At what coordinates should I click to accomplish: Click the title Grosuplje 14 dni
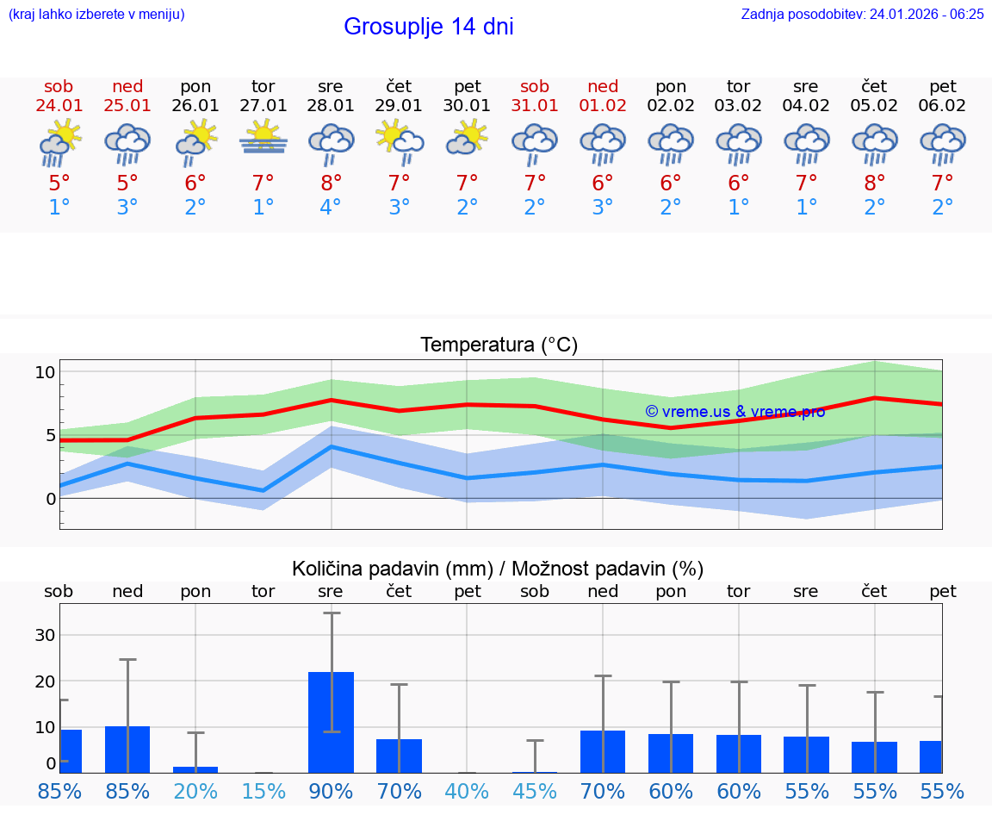coord(428,27)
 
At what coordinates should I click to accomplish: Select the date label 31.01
coord(535,106)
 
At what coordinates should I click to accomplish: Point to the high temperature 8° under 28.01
coord(331,183)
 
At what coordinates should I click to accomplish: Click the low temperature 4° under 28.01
coord(331,208)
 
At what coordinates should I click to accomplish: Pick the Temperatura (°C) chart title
coord(499,345)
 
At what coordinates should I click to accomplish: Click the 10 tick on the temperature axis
coord(45,372)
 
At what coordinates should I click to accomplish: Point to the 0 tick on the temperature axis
coord(51,499)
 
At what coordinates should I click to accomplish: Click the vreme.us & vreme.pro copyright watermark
coord(735,412)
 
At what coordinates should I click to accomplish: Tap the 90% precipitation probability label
coord(331,792)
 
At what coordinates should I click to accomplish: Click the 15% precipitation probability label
coord(263,792)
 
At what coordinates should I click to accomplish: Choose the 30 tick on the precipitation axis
coord(44,635)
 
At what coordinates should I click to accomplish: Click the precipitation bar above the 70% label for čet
coord(399,756)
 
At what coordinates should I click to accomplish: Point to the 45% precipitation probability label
coord(535,792)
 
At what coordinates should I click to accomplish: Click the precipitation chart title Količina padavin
coord(498,569)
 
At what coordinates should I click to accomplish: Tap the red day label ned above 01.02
coord(603,87)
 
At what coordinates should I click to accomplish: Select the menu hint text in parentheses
coord(96,14)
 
